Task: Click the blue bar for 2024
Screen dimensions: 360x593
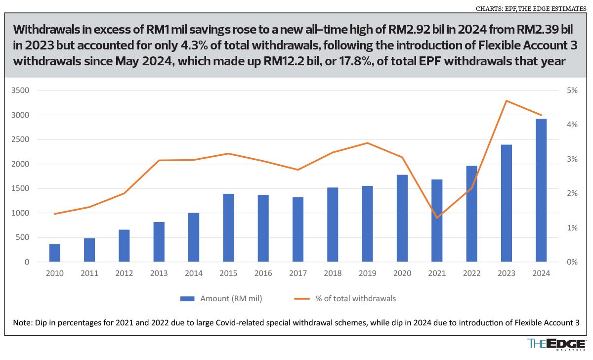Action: pyautogui.click(x=541, y=190)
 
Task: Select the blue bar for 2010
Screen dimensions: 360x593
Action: pyautogui.click(x=54, y=253)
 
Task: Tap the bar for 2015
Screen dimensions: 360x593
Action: pyautogui.click(x=228, y=227)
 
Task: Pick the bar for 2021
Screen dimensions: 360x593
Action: pyautogui.click(x=437, y=221)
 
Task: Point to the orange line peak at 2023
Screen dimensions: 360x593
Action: pyautogui.click(x=507, y=101)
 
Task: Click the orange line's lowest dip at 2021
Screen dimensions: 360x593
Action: pyautogui.click(x=437, y=218)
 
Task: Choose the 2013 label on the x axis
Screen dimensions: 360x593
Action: pyautogui.click(x=159, y=273)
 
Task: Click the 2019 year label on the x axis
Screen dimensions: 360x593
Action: pyautogui.click(x=367, y=273)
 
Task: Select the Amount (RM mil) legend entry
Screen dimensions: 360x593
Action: pyautogui.click(x=221, y=298)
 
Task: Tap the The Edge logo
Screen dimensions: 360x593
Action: pyautogui.click(x=556, y=344)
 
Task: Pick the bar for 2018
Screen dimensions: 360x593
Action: pyautogui.click(x=333, y=225)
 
